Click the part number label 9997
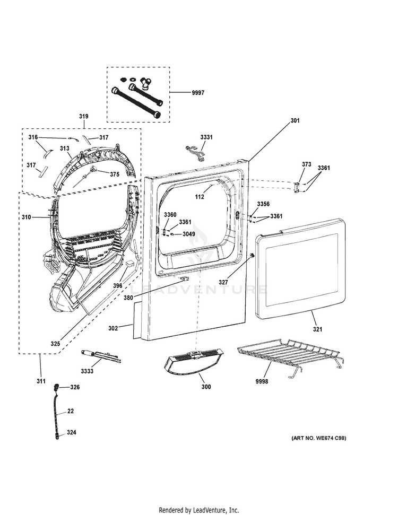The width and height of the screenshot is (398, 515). pyautogui.click(x=198, y=93)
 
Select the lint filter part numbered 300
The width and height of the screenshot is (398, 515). pyautogui.click(x=193, y=362)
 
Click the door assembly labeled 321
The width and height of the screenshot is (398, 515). pyautogui.click(x=300, y=268)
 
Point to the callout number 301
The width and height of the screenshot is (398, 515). pyautogui.click(x=295, y=121)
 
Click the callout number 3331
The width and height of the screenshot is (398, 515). pyautogui.click(x=206, y=137)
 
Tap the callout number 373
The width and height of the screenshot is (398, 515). pyautogui.click(x=306, y=164)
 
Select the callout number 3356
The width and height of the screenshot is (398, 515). pyautogui.click(x=263, y=204)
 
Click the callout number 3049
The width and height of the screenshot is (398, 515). pyautogui.click(x=188, y=234)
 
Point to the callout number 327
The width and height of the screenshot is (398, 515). pyautogui.click(x=223, y=282)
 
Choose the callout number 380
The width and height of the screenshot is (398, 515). pyautogui.click(x=128, y=298)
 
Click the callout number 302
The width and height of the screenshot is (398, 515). pyautogui.click(x=113, y=328)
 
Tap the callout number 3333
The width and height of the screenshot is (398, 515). pyautogui.click(x=87, y=371)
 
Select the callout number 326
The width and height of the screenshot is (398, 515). pyautogui.click(x=75, y=387)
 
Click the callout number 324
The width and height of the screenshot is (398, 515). pyautogui.click(x=72, y=433)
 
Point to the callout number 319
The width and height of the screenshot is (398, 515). pyautogui.click(x=83, y=116)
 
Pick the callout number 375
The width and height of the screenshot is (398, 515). pyautogui.click(x=115, y=174)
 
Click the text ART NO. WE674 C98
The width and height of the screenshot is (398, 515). pyautogui.click(x=319, y=438)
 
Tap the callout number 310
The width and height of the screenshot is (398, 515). pyautogui.click(x=27, y=217)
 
